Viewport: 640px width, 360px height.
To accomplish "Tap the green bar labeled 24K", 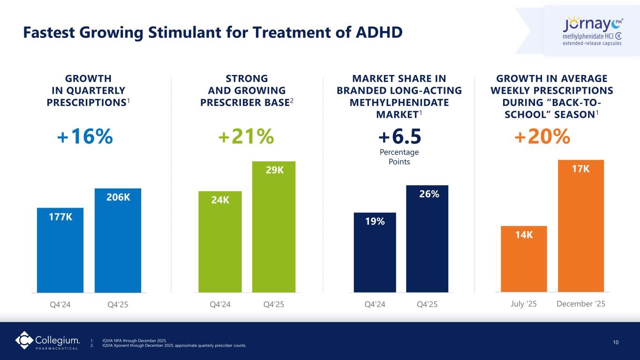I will pos(220,242).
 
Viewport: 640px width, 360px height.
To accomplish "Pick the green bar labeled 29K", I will pos(274,227).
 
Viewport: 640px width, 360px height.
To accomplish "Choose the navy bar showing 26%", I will pos(427,239).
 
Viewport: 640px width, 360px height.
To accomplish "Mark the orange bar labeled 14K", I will pos(523,259).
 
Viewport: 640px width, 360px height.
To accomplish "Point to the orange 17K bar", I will pos(580,226).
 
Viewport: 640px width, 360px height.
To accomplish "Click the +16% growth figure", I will pos(85,136).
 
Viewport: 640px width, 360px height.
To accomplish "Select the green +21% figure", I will pos(246,136).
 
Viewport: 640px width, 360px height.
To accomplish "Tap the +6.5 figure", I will pos(399,136).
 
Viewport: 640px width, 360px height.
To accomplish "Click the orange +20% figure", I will pos(542,136).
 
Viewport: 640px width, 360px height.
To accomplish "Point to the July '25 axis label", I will pos(523,304).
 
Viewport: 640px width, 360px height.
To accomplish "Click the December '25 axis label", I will pos(581,304).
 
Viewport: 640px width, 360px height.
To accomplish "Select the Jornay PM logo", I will pos(592,31).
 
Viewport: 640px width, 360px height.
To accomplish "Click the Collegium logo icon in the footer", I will pos(24,340).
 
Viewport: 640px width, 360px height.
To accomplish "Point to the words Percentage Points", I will pos(399,157).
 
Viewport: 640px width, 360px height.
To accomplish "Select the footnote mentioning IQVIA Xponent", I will pos(173,346).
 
